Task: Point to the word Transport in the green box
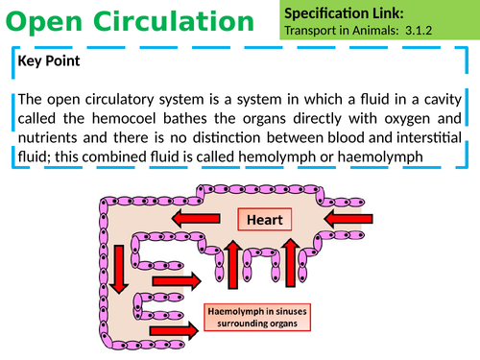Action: [314, 31]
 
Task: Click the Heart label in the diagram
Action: [265, 221]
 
